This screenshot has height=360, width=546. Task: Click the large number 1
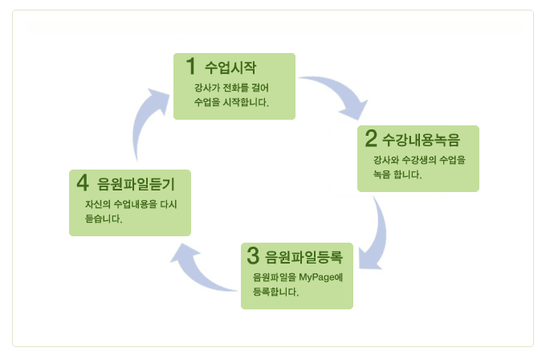click(190, 66)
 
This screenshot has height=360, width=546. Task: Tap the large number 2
click(371, 138)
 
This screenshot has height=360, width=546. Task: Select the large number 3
click(253, 256)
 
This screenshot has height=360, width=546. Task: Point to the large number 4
click(83, 182)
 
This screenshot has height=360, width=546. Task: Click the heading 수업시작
click(230, 67)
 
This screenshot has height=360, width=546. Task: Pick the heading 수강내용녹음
click(421, 139)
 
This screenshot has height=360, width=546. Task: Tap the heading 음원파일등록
click(304, 257)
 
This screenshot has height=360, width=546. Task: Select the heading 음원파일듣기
click(136, 184)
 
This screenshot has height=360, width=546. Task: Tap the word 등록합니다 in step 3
click(275, 292)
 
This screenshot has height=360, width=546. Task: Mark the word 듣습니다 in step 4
click(104, 219)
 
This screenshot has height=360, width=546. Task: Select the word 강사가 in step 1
click(207, 88)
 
